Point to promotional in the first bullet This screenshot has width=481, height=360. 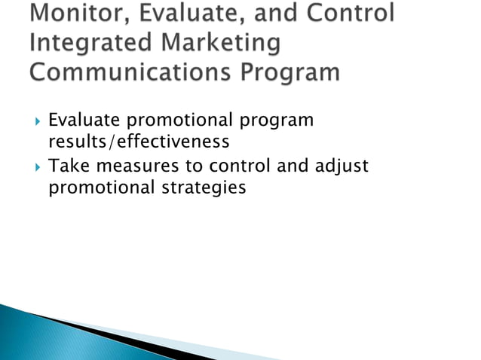(176, 121)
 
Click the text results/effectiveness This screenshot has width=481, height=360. (138, 142)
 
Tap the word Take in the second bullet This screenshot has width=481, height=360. (66, 166)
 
